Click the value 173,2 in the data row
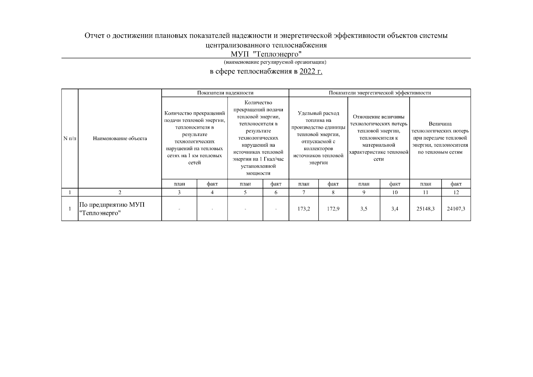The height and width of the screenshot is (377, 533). click(304, 209)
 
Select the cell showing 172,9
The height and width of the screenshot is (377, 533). click(333, 209)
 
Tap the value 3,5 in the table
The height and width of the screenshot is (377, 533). click(364, 209)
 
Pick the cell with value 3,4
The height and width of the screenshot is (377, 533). click(395, 209)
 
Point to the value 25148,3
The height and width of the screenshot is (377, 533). click(425, 209)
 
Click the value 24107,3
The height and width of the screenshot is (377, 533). click(456, 209)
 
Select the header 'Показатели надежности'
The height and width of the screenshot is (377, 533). click(225, 93)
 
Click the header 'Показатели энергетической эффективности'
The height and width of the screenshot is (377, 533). click(380, 93)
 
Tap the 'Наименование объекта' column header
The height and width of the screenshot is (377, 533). click(120, 139)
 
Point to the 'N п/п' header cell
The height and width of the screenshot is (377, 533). click(70, 139)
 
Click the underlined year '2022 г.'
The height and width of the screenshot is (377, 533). click(311, 72)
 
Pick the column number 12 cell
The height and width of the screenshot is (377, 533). click(456, 192)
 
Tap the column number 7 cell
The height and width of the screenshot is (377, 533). click(304, 192)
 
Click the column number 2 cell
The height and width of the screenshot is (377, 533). click(120, 192)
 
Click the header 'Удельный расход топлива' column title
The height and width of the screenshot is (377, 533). click(318, 138)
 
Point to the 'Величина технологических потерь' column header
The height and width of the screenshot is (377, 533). click(440, 138)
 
